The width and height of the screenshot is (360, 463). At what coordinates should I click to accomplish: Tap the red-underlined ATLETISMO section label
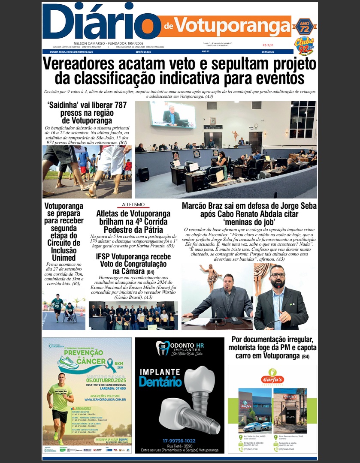133,204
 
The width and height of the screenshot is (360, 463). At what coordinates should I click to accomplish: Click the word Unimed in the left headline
64,258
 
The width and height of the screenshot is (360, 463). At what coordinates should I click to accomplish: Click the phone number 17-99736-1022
179,440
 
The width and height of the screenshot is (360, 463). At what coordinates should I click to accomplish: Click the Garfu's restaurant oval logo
272,378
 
